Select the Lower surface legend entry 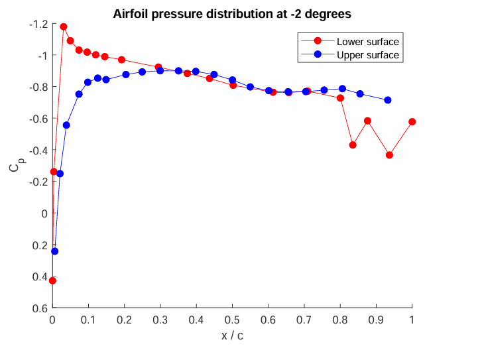[367, 42]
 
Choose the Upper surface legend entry [368, 55]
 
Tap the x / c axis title [232, 335]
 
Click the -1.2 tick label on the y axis [38, 24]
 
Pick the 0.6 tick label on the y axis [40, 308]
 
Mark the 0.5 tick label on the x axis [232, 320]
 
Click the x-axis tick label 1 [412, 320]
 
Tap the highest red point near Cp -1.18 [64, 27]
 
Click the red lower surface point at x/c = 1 [412, 122]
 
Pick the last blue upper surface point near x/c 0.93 [388, 100]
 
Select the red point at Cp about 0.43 [53, 280]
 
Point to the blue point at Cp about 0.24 [55, 251]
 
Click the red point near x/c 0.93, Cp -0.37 [390, 155]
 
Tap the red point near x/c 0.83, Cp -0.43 [353, 145]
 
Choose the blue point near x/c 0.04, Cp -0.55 [66, 125]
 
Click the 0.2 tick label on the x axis [125, 320]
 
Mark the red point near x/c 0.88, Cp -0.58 [368, 121]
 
